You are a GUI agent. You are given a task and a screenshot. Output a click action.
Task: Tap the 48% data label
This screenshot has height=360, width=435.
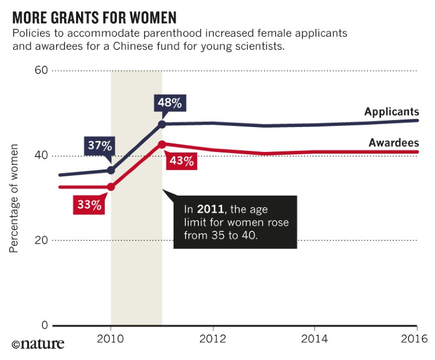tap(170, 103)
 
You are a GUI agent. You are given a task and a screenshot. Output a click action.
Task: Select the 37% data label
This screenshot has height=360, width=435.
tap(99, 146)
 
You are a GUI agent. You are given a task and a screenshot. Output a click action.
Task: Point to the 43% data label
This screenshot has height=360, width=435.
tap(181, 161)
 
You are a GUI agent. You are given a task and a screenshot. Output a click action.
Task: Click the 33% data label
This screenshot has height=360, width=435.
tap(89, 205)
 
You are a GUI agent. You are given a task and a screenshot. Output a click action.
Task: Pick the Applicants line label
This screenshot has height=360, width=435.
tap(391, 112)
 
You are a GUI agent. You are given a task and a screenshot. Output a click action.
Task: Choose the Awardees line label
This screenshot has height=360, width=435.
tap(393, 143)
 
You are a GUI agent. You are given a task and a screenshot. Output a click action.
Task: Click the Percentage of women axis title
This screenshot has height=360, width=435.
tap(14, 198)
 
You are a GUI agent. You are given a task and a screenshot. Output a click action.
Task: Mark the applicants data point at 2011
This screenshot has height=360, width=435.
tap(162, 124)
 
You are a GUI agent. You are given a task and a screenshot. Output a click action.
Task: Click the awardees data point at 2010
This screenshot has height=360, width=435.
tap(111, 187)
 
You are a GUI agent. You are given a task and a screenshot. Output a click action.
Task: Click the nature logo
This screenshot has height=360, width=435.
tap(38, 344)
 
